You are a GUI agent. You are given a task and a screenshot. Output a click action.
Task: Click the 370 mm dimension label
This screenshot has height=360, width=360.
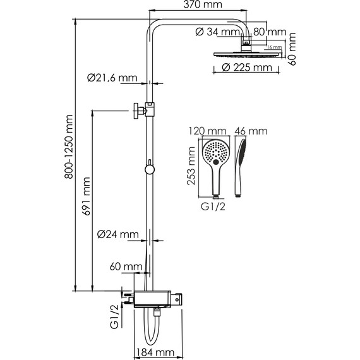pyautogui.click(x=203, y=4)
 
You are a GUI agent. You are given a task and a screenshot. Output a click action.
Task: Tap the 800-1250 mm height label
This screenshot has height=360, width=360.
pyautogui.click(x=69, y=147)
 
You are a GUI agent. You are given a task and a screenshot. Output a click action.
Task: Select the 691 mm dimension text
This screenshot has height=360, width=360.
pyautogui.click(x=87, y=196)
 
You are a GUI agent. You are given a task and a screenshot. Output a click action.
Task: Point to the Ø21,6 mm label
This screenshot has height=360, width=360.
pyautogui.click(x=112, y=78)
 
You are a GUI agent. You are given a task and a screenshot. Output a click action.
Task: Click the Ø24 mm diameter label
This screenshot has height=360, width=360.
pyautogui.click(x=117, y=234)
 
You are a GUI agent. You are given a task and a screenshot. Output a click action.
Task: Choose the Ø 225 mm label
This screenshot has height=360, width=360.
pyautogui.click(x=247, y=68)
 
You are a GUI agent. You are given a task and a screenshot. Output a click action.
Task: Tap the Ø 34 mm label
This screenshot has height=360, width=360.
pyautogui.click(x=218, y=32)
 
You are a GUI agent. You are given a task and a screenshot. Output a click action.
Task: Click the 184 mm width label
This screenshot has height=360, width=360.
pyautogui.click(x=155, y=352)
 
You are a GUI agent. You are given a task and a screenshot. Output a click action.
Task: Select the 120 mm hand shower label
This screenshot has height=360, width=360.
pyautogui.click(x=207, y=131)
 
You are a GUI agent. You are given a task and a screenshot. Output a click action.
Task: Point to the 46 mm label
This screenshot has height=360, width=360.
pyautogui.click(x=251, y=131)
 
